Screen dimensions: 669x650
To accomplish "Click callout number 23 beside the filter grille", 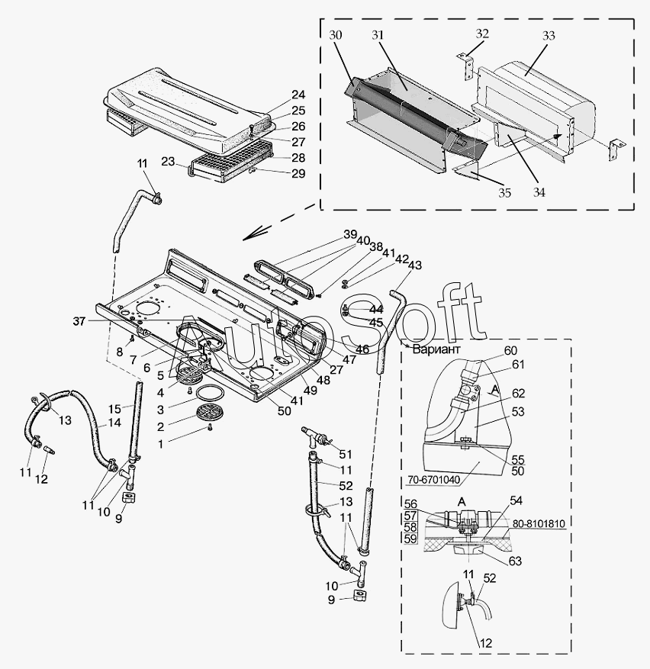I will [169, 161].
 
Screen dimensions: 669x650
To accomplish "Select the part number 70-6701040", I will [433, 480].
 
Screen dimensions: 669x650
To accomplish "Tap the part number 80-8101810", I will [539, 523].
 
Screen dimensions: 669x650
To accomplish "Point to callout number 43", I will [414, 265].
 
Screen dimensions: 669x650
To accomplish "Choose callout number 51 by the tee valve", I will [345, 455].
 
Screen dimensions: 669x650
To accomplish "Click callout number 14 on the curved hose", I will [114, 423].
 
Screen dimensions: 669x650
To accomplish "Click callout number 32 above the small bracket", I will [481, 34].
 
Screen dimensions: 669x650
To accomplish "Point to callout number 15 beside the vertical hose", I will [114, 408].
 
